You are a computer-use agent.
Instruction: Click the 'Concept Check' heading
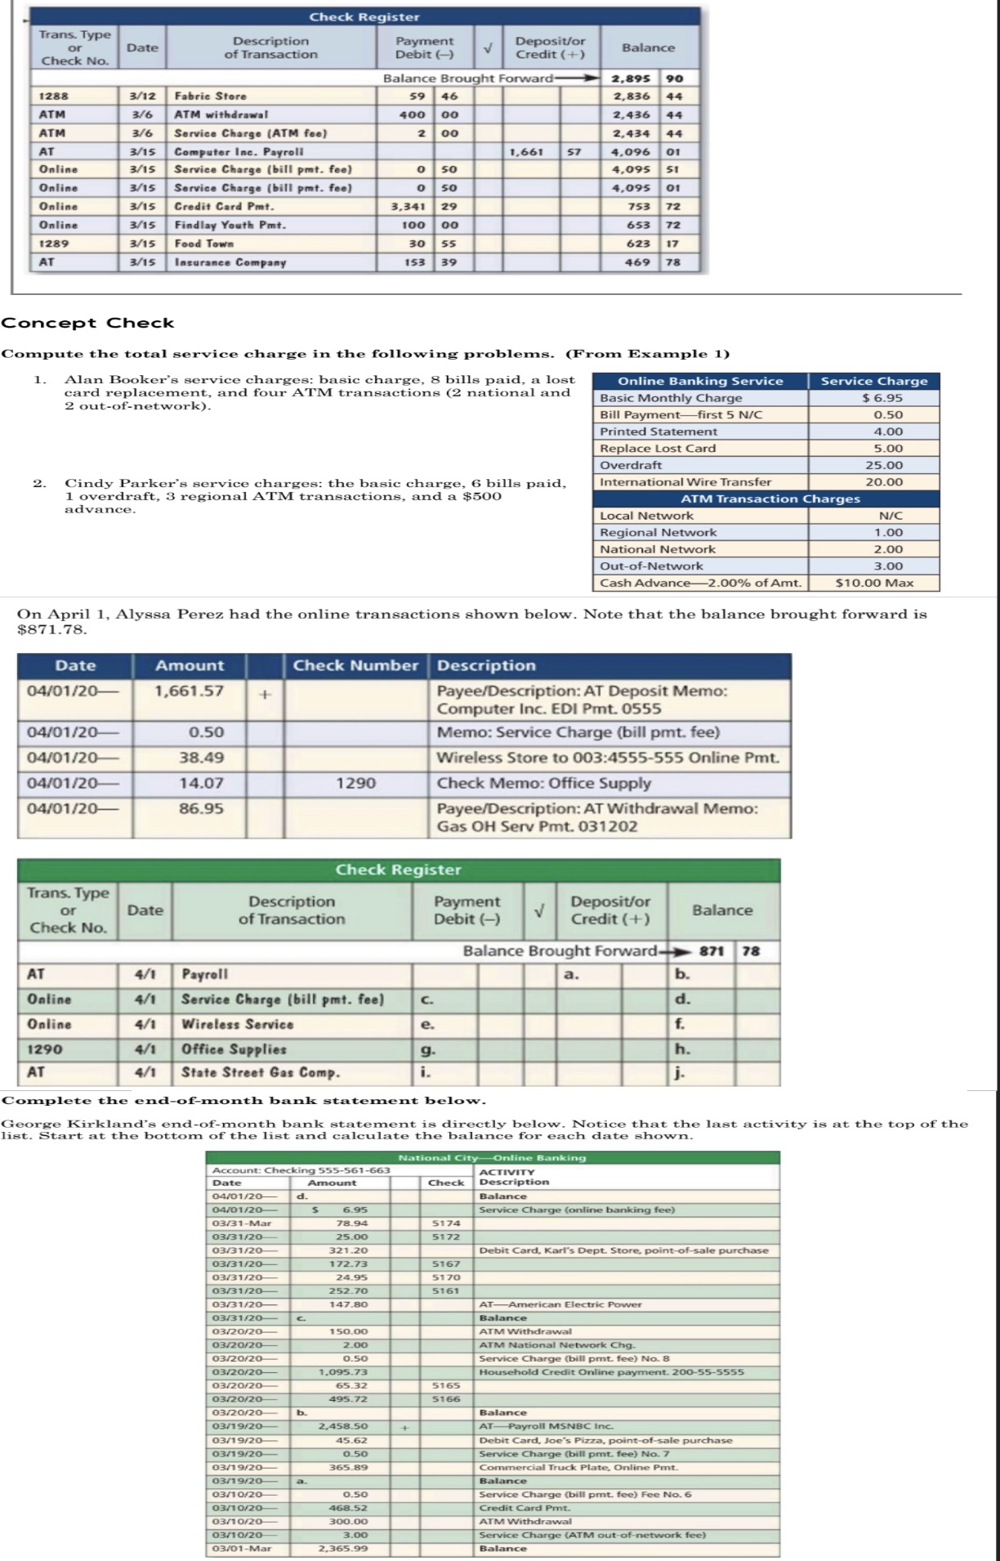pos(88,323)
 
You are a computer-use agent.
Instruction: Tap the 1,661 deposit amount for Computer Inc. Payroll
pos(527,152)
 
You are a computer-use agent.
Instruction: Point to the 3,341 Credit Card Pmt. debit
pos(413,207)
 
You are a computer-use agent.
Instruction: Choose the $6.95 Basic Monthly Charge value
pos(873,398)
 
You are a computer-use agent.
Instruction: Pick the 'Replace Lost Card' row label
pos(658,448)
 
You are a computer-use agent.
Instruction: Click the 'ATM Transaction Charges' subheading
pos(770,499)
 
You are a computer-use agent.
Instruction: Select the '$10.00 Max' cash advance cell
pos(873,583)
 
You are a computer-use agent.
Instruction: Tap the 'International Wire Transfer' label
pos(685,482)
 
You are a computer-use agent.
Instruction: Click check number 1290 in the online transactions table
pos(356,783)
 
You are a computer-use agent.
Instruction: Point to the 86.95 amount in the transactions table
pos(201,808)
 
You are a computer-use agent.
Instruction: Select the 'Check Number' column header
pos(355,665)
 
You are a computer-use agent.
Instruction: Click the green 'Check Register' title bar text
pos(399,870)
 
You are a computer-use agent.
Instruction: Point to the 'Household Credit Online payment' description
pos(611,1371)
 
